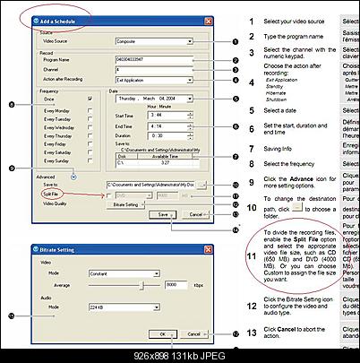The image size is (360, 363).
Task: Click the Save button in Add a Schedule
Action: (x=161, y=215)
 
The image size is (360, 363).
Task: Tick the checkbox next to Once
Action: (x=90, y=100)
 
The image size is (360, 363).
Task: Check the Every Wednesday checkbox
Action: (x=90, y=127)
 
